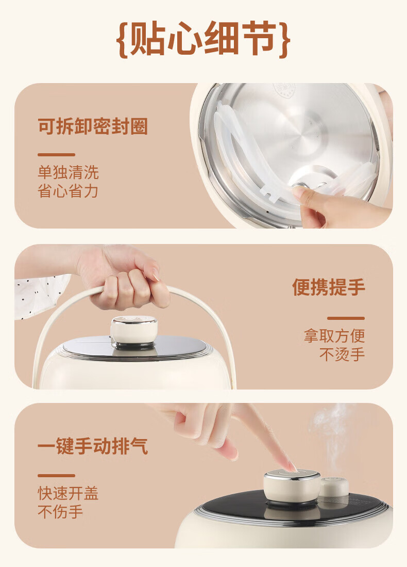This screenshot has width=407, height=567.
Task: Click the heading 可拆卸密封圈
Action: tap(93, 126)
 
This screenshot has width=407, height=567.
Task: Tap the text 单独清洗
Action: tap(68, 172)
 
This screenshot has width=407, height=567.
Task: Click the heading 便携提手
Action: tap(329, 287)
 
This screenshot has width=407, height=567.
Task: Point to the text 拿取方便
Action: tap(334, 335)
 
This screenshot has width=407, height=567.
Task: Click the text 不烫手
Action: tap(342, 354)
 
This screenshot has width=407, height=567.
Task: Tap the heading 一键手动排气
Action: tap(93, 446)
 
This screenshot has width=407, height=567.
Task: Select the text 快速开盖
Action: tap(68, 493)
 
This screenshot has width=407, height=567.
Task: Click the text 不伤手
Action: tap(60, 511)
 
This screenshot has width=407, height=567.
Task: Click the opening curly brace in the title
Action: tap(123, 39)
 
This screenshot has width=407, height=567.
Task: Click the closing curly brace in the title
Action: tap(284, 39)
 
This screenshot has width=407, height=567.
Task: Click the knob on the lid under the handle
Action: tap(133, 331)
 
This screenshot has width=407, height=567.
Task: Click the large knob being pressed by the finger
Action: tap(292, 487)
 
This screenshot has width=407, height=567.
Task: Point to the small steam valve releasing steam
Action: tap(334, 487)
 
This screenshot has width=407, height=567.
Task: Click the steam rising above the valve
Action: tap(332, 438)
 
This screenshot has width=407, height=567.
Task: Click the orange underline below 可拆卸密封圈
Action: tap(56, 155)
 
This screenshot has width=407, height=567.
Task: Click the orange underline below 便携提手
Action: tap(346, 318)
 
